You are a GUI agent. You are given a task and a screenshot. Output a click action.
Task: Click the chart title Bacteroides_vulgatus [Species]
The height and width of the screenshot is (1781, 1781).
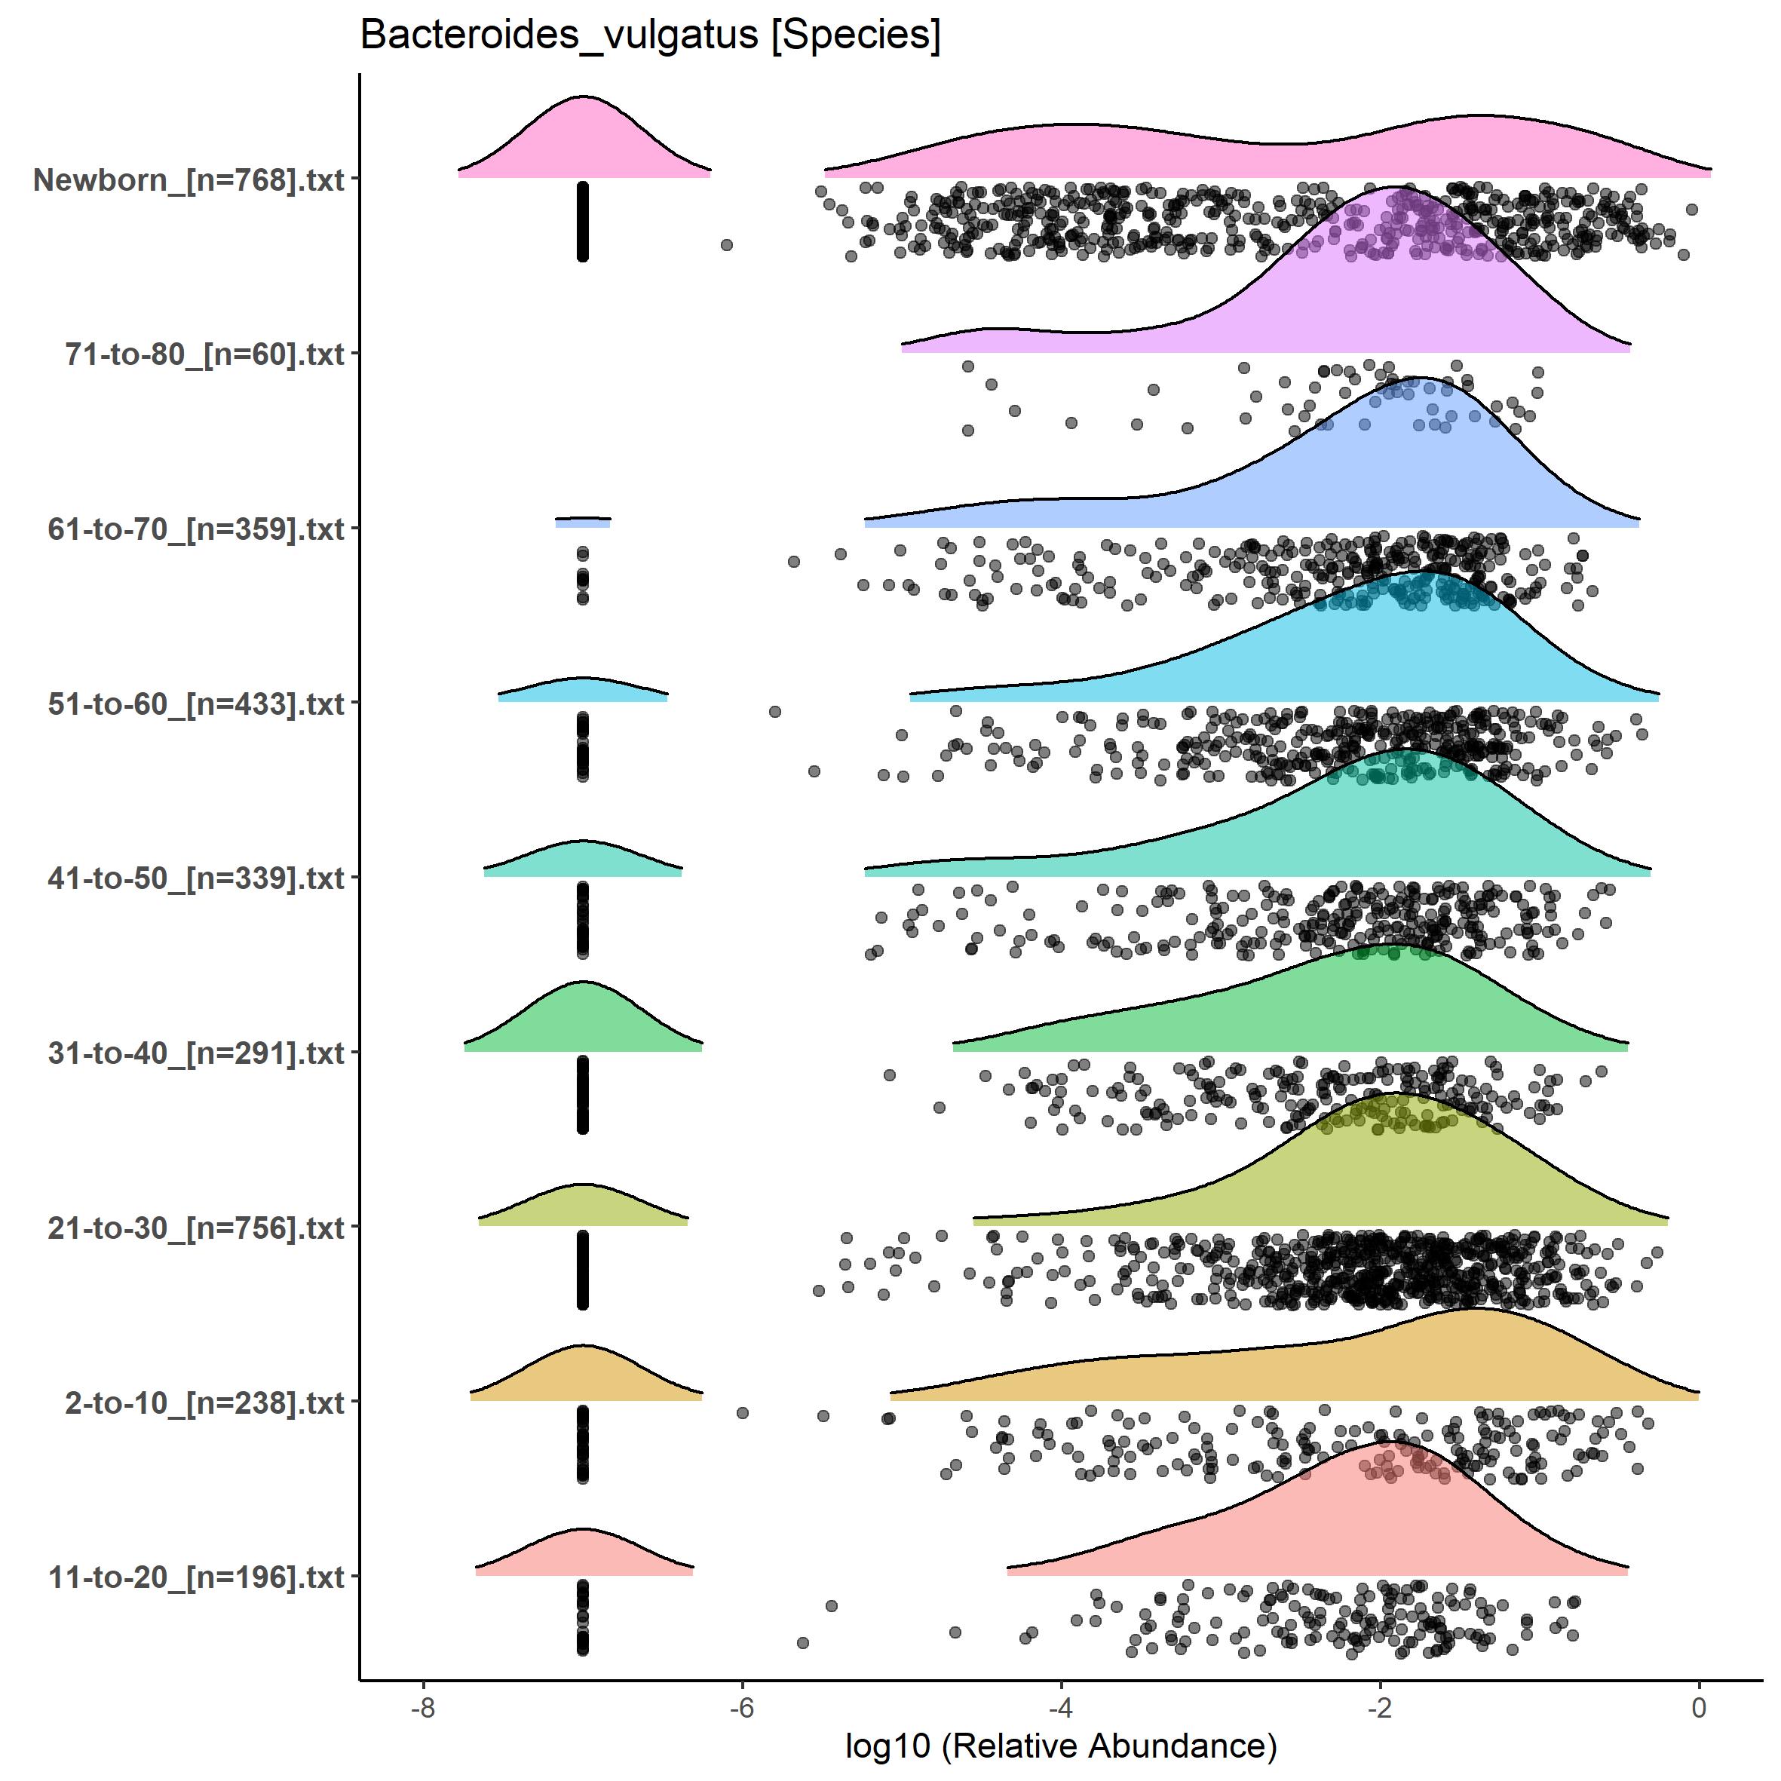[650, 37]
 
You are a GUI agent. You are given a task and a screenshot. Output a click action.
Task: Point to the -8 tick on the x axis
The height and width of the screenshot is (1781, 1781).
[423, 1708]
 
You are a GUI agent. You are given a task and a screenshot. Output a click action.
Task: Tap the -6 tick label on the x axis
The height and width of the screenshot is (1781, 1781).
[742, 1708]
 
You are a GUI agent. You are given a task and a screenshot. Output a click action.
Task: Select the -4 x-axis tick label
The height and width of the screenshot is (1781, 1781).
[1061, 1708]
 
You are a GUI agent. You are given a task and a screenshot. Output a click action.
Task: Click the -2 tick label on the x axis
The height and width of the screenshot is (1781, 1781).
[1380, 1708]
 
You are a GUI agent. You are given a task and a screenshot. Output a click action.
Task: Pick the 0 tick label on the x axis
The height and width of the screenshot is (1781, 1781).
[1699, 1708]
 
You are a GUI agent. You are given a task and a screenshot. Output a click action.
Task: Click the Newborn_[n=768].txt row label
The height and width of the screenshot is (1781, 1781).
[189, 179]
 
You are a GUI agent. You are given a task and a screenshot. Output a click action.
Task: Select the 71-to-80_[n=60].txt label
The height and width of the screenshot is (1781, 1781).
[204, 354]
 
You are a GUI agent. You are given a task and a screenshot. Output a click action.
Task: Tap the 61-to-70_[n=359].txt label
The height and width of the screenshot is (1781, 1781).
[196, 529]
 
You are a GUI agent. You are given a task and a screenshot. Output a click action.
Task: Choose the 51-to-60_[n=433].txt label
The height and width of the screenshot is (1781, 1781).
[196, 704]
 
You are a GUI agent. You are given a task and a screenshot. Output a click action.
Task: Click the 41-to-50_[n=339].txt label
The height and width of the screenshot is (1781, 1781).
[196, 878]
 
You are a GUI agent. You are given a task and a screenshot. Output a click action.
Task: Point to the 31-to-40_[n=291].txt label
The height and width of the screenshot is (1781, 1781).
[196, 1053]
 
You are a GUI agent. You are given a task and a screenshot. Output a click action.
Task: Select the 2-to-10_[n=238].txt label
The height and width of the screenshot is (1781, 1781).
[204, 1403]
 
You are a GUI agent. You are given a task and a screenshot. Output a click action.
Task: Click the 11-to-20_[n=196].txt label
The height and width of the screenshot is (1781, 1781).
[196, 1577]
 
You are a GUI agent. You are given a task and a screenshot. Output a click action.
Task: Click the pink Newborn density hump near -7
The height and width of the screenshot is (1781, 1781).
[584, 138]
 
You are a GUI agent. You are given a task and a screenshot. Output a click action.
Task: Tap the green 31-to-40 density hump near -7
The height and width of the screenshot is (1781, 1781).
[584, 1019]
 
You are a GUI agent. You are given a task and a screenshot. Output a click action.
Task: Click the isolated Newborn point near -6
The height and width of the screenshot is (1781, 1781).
[726, 245]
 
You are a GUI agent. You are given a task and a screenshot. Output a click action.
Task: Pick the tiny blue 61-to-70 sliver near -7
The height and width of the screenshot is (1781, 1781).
[583, 523]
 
